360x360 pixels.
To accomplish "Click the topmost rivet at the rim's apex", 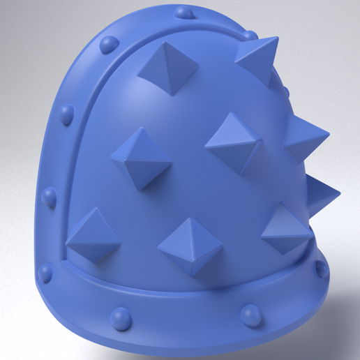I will tap(184, 12).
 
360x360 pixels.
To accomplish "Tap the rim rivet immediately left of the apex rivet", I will tap(108, 44).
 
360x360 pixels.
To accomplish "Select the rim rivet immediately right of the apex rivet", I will tap(249, 35).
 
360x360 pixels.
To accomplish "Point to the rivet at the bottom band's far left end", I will tap(46, 272).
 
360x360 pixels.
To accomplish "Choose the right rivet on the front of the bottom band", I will tap(249, 315).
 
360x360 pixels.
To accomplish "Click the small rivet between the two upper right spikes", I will tap(285, 91).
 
